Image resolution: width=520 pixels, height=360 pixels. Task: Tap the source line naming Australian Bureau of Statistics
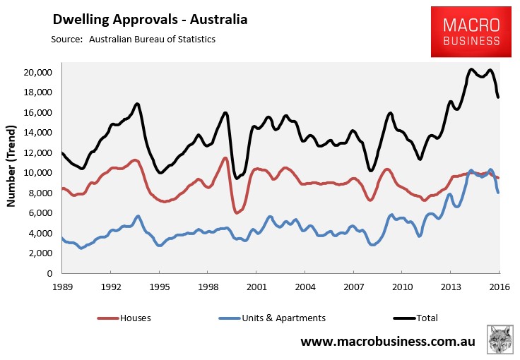click(133, 39)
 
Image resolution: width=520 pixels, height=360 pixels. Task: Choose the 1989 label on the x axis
click(62, 288)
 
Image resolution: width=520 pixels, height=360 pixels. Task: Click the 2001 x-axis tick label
click(255, 288)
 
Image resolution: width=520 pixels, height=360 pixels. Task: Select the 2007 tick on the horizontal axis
click(353, 288)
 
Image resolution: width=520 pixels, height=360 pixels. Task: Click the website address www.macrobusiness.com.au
click(388, 342)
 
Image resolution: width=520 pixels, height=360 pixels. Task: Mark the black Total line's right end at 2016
click(498, 97)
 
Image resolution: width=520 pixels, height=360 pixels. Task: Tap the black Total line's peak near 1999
click(225, 113)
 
